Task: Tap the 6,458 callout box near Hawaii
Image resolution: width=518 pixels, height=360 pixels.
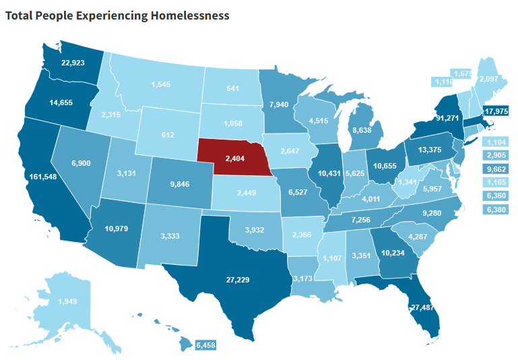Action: tap(207, 345)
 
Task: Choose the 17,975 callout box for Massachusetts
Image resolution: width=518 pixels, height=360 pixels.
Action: tap(496, 111)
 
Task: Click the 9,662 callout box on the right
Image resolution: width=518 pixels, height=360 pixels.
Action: tap(496, 167)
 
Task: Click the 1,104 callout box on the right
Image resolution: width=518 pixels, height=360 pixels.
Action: tap(496, 142)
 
